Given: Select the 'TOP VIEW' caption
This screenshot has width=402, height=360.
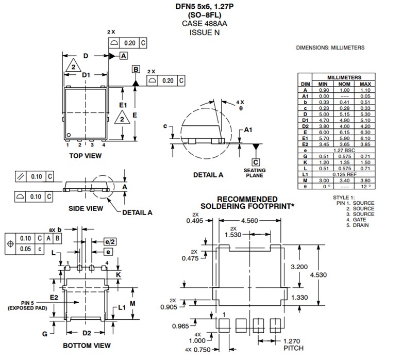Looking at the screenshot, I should pos(86,155).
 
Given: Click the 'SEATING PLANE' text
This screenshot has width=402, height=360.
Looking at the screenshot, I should pos(255,173).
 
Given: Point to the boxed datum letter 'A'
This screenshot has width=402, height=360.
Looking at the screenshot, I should pos(124,55).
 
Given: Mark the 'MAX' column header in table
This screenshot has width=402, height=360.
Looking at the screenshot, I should pos(365,84).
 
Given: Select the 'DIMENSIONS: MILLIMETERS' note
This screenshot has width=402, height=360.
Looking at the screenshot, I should pos(330,47).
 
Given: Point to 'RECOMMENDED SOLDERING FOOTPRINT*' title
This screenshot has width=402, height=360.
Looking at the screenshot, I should pos(247,203).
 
